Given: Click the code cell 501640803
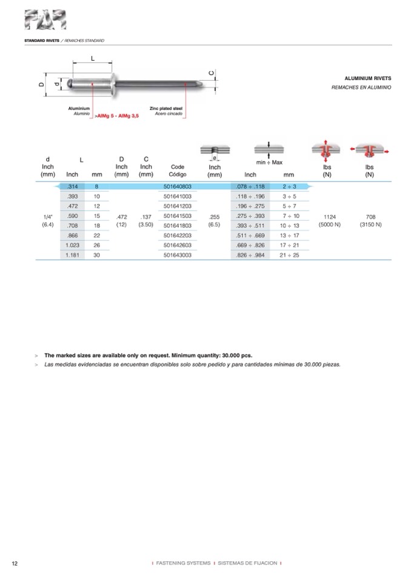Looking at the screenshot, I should tap(178, 187).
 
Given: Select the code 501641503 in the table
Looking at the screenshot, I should tap(178, 216).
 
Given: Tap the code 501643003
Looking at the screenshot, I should tap(178, 255).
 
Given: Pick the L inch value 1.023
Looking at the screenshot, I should tap(72, 245).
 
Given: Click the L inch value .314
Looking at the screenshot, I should tap(72, 187).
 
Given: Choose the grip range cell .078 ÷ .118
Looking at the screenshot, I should tap(250, 187).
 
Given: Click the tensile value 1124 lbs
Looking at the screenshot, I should tap(327, 217).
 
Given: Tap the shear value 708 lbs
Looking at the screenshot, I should tap(370, 217).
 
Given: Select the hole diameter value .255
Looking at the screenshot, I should tap(215, 217).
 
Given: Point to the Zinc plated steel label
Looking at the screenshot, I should tap(166, 108).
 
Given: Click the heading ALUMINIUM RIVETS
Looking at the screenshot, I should tap(367, 79).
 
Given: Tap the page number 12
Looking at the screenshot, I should tap(15, 564).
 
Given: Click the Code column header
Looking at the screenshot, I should tap(178, 167).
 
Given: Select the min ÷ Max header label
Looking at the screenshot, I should tap(269, 163).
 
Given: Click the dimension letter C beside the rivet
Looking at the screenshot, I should tap(212, 73).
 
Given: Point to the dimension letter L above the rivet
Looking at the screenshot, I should tap(93, 58).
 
